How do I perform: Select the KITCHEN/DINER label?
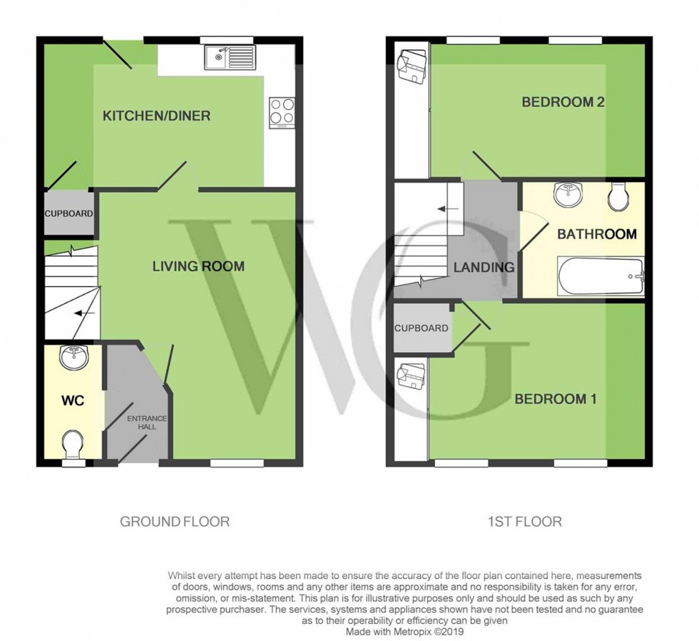(x=156, y=116)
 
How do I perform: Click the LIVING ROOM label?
(x=198, y=266)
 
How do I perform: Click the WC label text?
(x=73, y=400)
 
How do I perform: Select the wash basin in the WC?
(x=72, y=357)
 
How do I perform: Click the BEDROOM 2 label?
(x=563, y=102)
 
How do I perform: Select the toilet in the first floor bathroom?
(x=618, y=197)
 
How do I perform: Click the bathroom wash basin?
(x=568, y=193)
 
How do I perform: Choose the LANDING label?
(x=484, y=268)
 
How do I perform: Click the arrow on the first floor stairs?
(x=448, y=209)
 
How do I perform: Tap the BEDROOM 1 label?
(x=556, y=399)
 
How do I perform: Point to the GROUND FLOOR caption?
(x=175, y=522)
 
